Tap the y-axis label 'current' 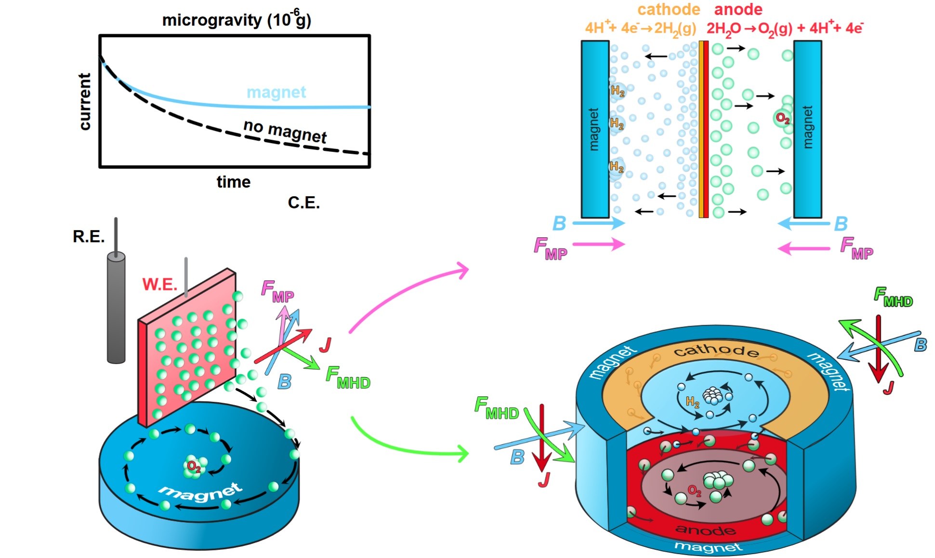pyautogui.click(x=85, y=102)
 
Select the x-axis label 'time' pyautogui.click(x=234, y=182)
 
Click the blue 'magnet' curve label pyautogui.click(x=276, y=92)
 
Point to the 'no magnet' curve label pyautogui.click(x=285, y=130)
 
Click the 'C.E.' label pyautogui.click(x=303, y=203)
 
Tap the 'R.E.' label pyautogui.click(x=89, y=236)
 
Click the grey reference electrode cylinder pyautogui.click(x=116, y=309)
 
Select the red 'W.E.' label pyautogui.click(x=159, y=284)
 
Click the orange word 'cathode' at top pyautogui.click(x=669, y=9)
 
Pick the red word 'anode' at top pyautogui.click(x=738, y=9)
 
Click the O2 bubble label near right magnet pyautogui.click(x=782, y=118)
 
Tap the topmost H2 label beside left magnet pyautogui.click(x=618, y=90)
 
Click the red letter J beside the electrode pyautogui.click(x=325, y=345)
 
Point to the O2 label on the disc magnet pyautogui.click(x=194, y=466)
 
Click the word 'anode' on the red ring pyautogui.click(x=706, y=530)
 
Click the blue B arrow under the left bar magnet pyautogui.click(x=600, y=223)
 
